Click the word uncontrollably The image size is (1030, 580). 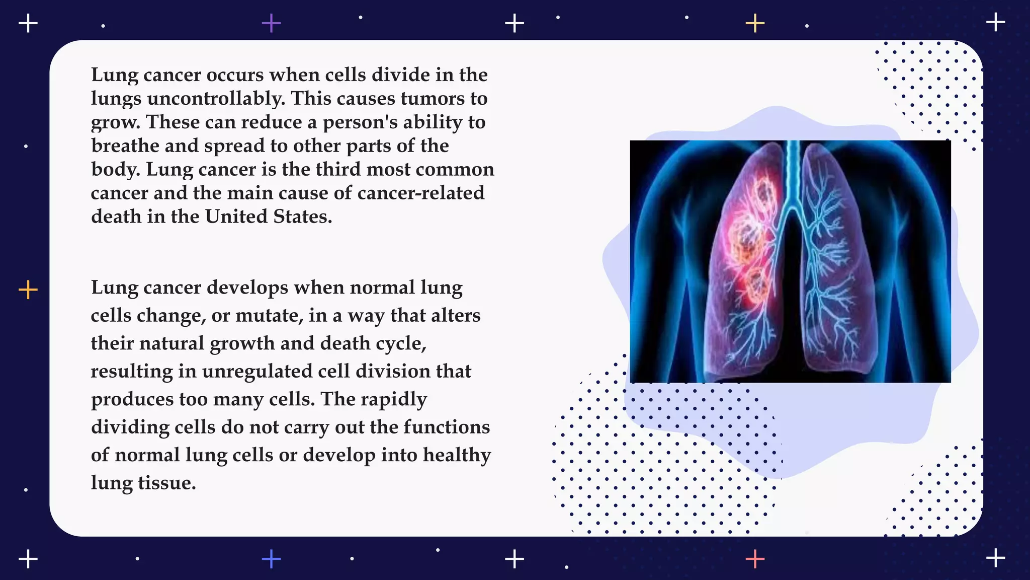click(216, 99)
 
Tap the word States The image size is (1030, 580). click(302, 217)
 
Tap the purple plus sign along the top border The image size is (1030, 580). click(271, 23)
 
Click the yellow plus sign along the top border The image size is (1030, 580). click(755, 23)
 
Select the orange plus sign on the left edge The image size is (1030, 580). click(28, 290)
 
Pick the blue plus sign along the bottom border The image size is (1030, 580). click(271, 559)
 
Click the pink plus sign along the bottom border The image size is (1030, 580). click(755, 559)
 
